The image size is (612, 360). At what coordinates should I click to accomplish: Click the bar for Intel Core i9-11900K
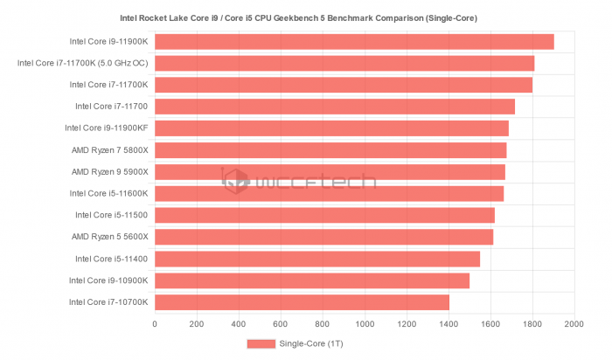coord(354,41)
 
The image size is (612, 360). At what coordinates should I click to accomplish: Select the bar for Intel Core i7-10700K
coord(302,301)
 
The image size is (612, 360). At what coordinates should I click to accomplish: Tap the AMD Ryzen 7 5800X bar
coord(330,149)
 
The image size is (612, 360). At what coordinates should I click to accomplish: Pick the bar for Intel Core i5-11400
coord(317,259)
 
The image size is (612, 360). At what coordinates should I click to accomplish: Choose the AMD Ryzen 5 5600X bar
coord(323,237)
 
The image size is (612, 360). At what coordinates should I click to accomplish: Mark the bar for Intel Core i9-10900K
coord(312,280)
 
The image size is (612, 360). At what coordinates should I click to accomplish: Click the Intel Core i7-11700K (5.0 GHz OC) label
coord(83,63)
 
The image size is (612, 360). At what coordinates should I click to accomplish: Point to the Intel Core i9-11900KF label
coord(107,128)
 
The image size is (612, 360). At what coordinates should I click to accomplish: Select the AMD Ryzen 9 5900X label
coord(110,171)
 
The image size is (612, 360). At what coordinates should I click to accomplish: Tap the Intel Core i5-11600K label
coord(109,193)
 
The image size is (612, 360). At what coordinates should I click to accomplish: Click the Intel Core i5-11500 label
coord(112,215)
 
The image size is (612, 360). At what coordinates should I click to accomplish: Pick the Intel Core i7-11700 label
coord(112,107)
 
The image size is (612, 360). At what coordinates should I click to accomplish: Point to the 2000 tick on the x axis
coord(574,325)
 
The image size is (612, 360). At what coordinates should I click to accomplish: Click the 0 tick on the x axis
coord(155,325)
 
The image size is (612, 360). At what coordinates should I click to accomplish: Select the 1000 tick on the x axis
coord(365,325)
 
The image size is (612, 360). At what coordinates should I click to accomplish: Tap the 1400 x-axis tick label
coord(449,325)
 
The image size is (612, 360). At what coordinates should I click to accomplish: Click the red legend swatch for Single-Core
coord(260,343)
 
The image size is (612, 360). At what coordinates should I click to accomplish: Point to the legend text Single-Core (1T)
coord(310,343)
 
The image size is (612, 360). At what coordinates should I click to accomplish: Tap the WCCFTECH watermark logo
coord(297,182)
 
